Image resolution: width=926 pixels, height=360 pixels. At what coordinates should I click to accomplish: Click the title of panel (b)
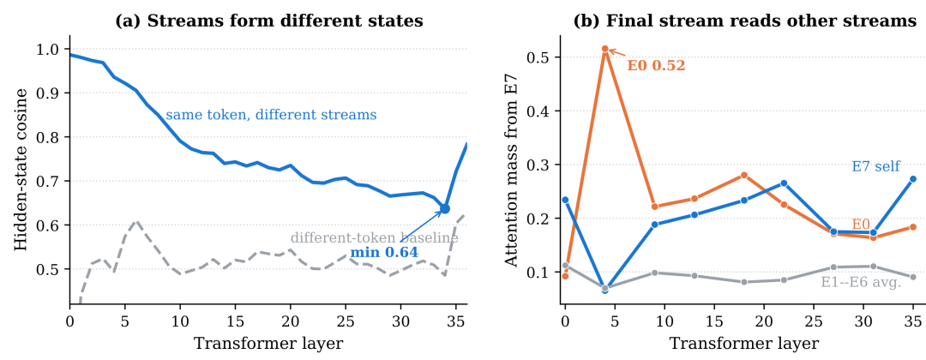pos(745,21)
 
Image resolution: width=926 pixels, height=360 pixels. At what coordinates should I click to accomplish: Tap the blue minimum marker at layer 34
pos(445,208)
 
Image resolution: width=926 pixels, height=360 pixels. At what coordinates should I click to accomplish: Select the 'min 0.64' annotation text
pos(384,253)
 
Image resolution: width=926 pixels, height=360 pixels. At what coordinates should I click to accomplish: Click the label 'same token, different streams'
pos(271,114)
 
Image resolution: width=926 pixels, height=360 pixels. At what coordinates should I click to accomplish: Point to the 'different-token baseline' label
pos(375,238)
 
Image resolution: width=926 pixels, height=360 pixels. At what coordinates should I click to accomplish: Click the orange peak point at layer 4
pos(604,49)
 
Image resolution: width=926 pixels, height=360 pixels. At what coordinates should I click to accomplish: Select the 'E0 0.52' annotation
pos(656,65)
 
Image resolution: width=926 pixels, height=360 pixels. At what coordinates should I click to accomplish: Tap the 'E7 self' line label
pos(875,166)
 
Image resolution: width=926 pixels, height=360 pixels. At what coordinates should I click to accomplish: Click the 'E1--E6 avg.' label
pos(861,283)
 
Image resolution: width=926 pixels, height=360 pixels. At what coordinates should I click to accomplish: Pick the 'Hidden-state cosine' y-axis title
pos(21,170)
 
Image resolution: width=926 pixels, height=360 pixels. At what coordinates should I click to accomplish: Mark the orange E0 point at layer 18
pos(744,175)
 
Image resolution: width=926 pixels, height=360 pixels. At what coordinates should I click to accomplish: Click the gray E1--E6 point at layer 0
pos(565,266)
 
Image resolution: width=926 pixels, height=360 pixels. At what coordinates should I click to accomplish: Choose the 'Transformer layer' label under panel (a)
pos(268,344)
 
